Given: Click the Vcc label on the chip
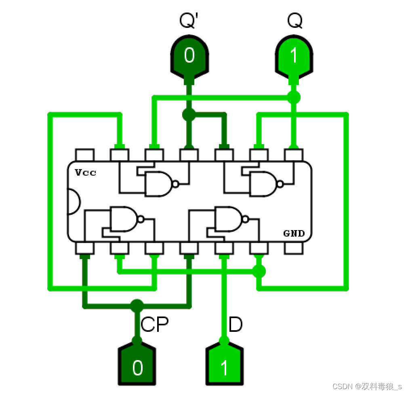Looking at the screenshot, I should coord(85,173).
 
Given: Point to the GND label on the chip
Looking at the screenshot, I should coord(294,233).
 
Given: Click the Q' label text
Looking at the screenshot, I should coord(188,21).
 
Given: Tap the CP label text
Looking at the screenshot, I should coord(155,324).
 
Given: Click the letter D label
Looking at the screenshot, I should coord(236,324).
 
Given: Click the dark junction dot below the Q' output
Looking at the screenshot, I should coord(188,115).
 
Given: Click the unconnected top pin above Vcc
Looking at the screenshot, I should coord(85,155).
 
